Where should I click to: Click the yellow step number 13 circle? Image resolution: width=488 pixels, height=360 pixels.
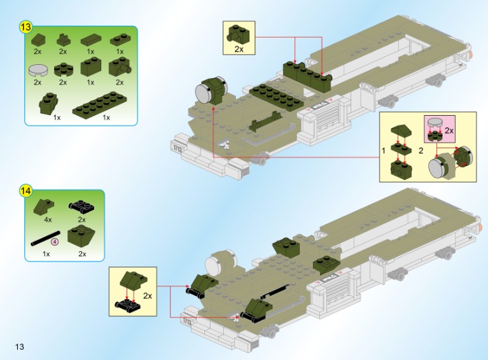pos(25,27)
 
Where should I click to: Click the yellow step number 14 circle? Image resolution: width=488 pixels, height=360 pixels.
pos(25,190)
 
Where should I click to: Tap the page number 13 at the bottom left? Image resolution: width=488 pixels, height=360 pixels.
pos(19,347)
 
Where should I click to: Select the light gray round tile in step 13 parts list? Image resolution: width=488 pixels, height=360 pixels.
pos(38,70)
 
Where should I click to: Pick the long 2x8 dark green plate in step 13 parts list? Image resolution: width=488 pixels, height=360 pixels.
pos(100,103)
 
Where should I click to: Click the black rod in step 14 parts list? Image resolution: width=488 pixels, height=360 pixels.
pos(46,239)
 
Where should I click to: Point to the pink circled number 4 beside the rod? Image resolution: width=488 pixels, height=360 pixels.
pos(55,242)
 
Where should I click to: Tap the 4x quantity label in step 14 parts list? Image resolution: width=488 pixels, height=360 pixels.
pos(48,219)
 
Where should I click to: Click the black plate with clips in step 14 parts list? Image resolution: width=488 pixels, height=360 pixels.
pos(81,206)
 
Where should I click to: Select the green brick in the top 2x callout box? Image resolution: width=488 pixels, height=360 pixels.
pos(238,35)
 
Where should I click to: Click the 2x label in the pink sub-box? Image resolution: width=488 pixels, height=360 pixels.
pos(449,130)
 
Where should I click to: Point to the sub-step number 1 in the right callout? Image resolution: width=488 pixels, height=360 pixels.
pos(384,151)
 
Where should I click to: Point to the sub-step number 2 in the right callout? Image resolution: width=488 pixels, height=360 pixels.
pos(421,151)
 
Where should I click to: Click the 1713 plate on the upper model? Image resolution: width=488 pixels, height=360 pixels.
pos(177,146)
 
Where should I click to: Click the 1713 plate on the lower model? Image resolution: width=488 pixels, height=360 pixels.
pos(186,321)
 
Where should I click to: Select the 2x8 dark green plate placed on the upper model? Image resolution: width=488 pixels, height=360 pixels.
pos(276,97)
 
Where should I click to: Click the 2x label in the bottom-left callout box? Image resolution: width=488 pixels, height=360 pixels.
pos(148,296)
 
